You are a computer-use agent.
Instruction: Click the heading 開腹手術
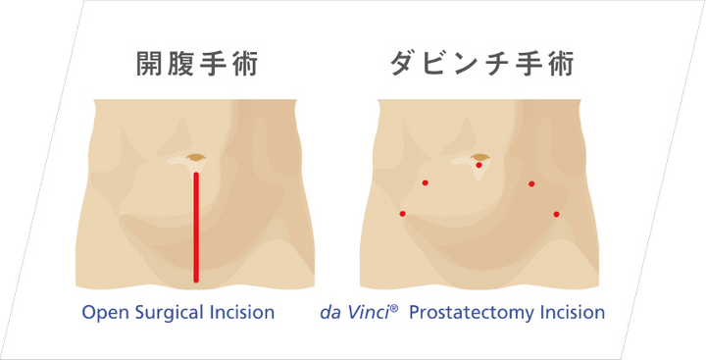196,65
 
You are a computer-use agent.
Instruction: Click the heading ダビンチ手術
480,65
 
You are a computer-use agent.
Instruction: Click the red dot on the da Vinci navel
479,165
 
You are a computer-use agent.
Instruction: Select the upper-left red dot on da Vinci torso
425,182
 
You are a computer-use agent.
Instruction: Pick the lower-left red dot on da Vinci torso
402,214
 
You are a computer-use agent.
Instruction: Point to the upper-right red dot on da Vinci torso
531,183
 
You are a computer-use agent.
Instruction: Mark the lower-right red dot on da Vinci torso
556,214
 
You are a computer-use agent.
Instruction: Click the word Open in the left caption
101,314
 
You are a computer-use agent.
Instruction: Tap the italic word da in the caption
329,314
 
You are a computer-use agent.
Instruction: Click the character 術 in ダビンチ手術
560,65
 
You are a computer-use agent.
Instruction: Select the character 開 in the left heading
149,65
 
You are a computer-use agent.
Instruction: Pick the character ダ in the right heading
403,65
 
